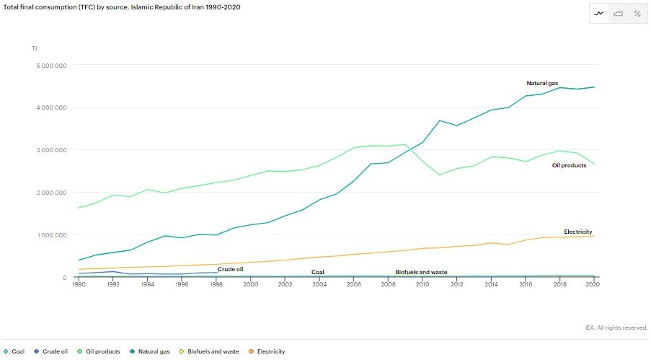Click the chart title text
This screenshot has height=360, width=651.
122,7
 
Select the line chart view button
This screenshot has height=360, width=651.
599,13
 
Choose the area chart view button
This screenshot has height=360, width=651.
619,13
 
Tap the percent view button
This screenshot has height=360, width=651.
637,13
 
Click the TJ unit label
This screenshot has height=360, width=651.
35,48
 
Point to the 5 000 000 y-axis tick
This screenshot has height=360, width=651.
51,66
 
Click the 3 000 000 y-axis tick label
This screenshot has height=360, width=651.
51,150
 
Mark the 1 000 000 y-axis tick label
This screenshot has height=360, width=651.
52,235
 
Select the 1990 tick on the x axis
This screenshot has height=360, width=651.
79,284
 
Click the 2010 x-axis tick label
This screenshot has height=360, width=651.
422,284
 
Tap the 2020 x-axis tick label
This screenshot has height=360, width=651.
593,284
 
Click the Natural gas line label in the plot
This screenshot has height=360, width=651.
542,83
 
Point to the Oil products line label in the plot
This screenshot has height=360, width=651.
570,165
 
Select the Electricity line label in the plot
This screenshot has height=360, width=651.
578,232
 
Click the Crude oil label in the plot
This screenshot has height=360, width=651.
231,269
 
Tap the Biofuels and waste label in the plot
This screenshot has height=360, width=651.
422,272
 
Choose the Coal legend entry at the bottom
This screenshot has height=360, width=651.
14,351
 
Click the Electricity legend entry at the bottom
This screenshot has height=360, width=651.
267,351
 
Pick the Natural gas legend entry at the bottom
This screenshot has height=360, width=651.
150,351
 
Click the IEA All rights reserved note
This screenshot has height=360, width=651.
616,328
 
